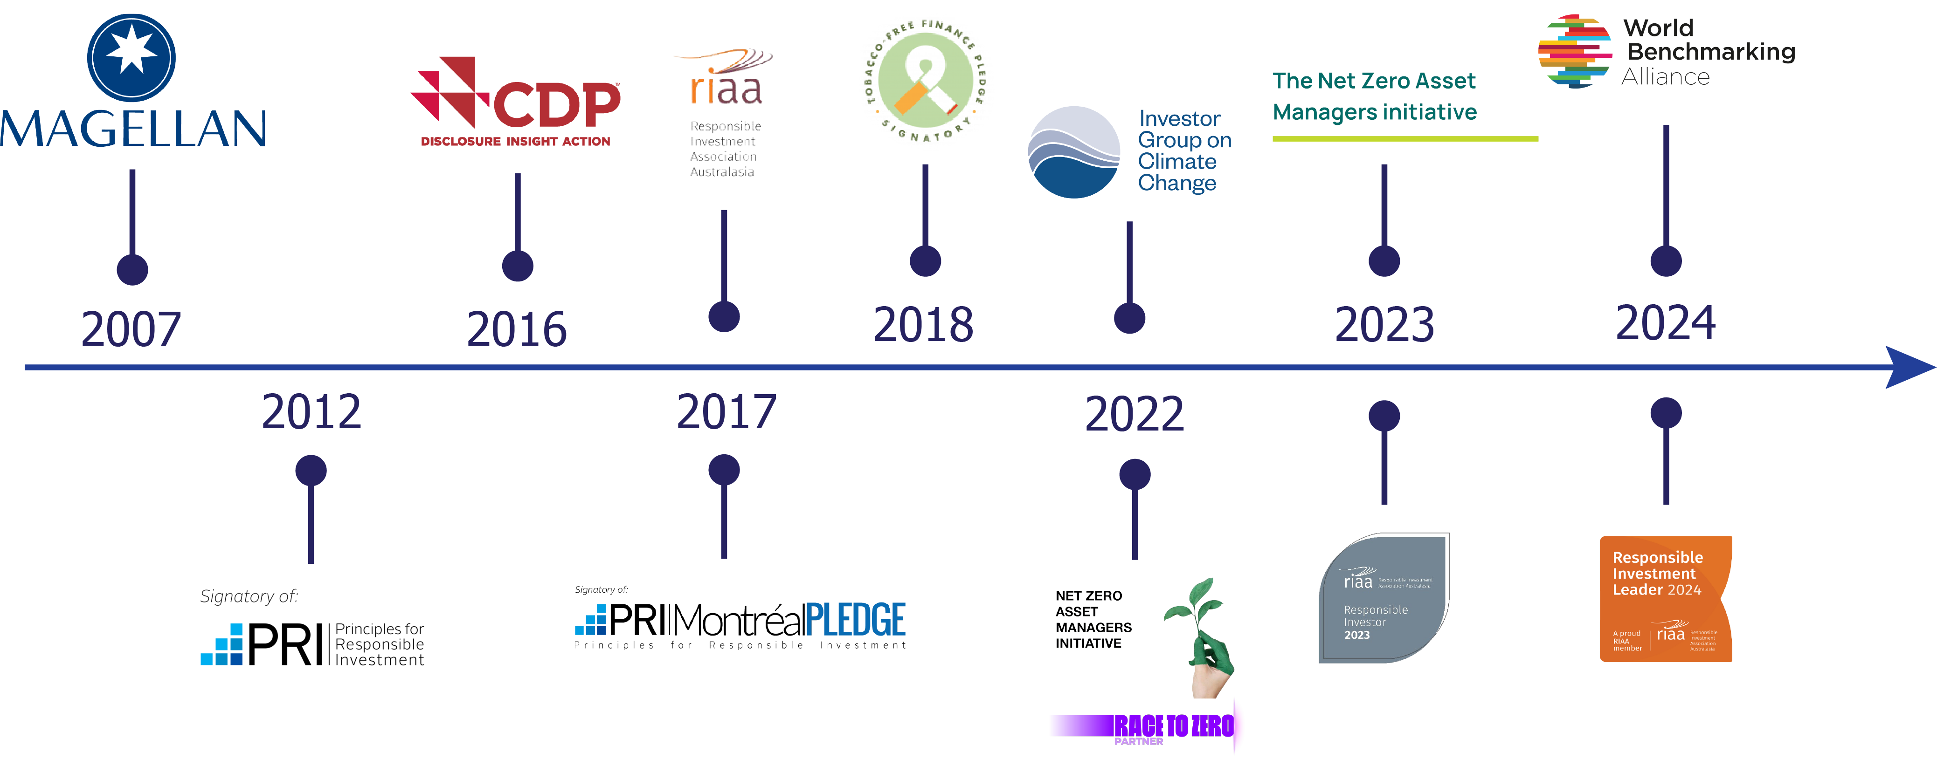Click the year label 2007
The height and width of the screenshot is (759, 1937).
[131, 329]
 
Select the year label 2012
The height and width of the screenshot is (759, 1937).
[311, 412]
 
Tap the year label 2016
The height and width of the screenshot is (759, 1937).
[517, 329]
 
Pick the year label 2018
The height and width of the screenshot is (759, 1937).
[923, 325]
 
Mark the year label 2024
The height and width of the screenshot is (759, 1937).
[1666, 323]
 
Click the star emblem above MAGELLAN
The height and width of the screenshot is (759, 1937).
[131, 57]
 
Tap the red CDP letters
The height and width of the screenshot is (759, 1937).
[556, 105]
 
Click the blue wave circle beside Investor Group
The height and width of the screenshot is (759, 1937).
[1074, 152]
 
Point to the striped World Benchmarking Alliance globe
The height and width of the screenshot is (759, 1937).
[1575, 51]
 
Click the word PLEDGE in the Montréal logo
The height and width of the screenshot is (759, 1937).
[856, 620]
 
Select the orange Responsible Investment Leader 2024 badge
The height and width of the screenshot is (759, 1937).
[1666, 598]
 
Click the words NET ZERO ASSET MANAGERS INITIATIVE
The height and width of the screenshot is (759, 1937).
[1093, 619]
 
